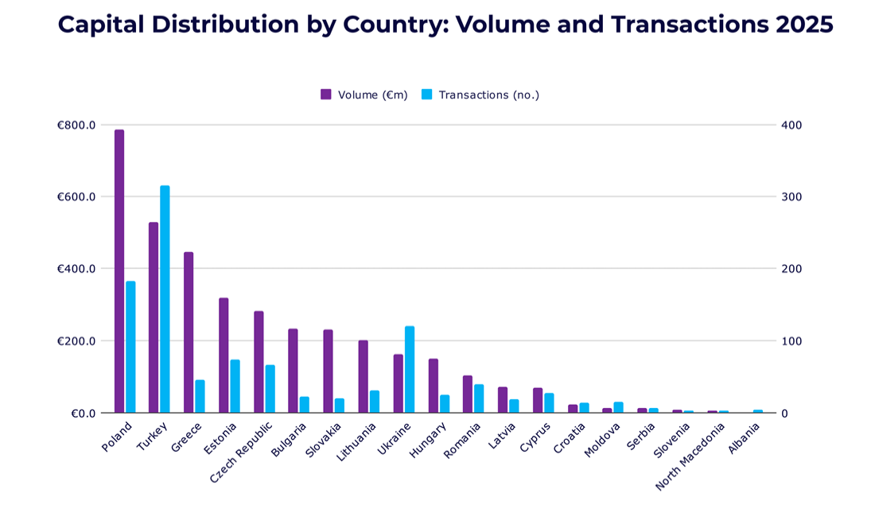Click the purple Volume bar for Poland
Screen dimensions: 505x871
pos(119,270)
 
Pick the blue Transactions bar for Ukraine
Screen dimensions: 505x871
pos(410,369)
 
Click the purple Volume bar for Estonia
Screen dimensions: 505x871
pos(224,355)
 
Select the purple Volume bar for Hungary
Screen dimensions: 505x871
pos(434,386)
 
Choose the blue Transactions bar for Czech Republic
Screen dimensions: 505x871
pos(270,389)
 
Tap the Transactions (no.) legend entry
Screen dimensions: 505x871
pos(480,95)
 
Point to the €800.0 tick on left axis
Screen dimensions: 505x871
pos(76,125)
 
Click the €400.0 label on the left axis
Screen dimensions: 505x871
pos(76,269)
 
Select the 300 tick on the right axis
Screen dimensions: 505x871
pos(791,197)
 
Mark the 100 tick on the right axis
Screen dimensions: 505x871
pos(791,341)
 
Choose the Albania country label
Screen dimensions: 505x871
pos(745,438)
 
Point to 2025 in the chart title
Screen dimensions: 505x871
pos(805,25)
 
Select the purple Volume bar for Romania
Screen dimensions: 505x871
pos(468,394)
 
